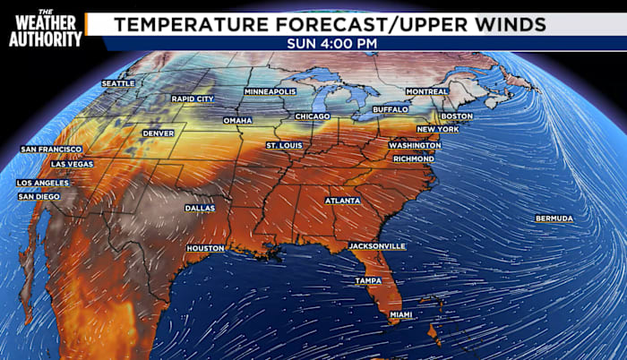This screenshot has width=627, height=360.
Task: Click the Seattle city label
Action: [x=117, y=83]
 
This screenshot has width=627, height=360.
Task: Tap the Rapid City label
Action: [x=193, y=99]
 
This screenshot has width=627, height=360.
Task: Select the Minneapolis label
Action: [x=270, y=91]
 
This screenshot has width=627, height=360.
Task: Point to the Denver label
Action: [x=159, y=133]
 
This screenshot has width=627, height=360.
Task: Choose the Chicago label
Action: [x=313, y=116]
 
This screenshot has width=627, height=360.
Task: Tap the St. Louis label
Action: [x=285, y=144]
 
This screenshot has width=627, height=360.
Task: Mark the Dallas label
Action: [x=200, y=208]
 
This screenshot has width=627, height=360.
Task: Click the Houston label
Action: [x=205, y=248]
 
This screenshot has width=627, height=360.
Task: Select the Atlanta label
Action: [x=343, y=201]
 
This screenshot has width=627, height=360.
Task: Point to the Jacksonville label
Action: [x=377, y=245]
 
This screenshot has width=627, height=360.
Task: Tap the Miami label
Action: [x=400, y=315]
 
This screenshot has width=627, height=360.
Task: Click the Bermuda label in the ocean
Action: [x=554, y=219]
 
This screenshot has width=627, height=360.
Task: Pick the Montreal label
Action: [x=426, y=91]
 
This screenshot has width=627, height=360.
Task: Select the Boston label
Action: [x=457, y=116]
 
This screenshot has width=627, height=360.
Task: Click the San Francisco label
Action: [x=51, y=149]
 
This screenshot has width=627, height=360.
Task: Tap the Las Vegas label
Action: [x=72, y=165]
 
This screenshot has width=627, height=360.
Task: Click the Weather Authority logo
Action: [x=46, y=29]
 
